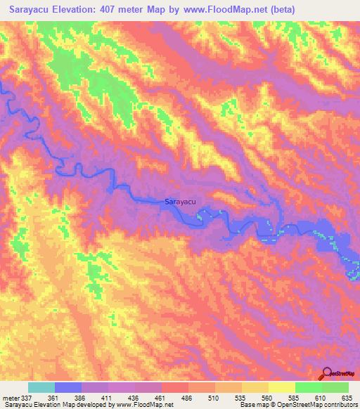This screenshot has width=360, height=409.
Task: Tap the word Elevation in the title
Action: [x=83, y=9]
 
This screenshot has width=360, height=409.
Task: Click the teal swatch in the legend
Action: [x=41, y=387]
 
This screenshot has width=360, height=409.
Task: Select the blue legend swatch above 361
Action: [x=68, y=387]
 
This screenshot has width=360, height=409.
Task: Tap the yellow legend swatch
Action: [x=281, y=387]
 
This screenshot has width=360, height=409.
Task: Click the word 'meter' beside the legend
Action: [x=13, y=397]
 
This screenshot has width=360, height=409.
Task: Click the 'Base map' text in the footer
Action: [x=254, y=405]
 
